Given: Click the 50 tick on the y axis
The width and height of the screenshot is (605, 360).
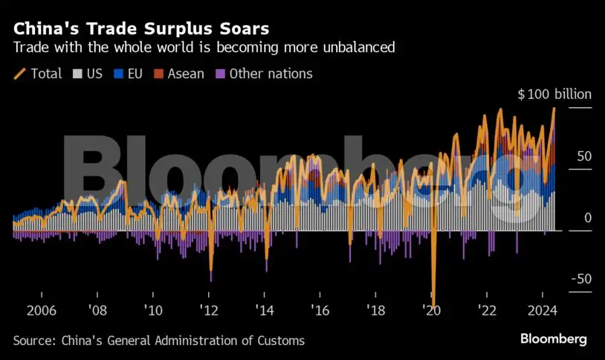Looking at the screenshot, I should [x=584, y=157].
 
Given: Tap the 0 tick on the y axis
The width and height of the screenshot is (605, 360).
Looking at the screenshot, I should [x=588, y=218].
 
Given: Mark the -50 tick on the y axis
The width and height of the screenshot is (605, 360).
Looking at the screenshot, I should [x=581, y=279].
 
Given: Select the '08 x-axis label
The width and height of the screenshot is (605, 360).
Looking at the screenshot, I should [x=97, y=310].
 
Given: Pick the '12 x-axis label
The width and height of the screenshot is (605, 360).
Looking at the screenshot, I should [x=209, y=310].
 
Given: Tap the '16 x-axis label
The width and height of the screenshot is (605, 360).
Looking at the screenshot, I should [x=320, y=310].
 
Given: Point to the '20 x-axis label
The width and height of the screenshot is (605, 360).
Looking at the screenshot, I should [x=432, y=310].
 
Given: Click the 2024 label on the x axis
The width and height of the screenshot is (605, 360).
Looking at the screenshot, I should [x=543, y=310].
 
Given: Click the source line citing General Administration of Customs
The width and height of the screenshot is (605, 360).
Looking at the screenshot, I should [x=158, y=340].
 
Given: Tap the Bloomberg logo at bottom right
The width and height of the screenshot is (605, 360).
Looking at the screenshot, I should [x=553, y=339].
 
